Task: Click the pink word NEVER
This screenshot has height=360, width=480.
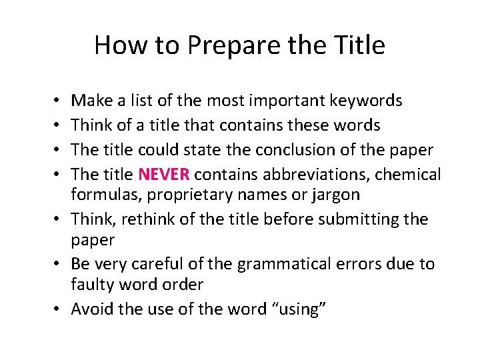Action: point(164,175)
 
